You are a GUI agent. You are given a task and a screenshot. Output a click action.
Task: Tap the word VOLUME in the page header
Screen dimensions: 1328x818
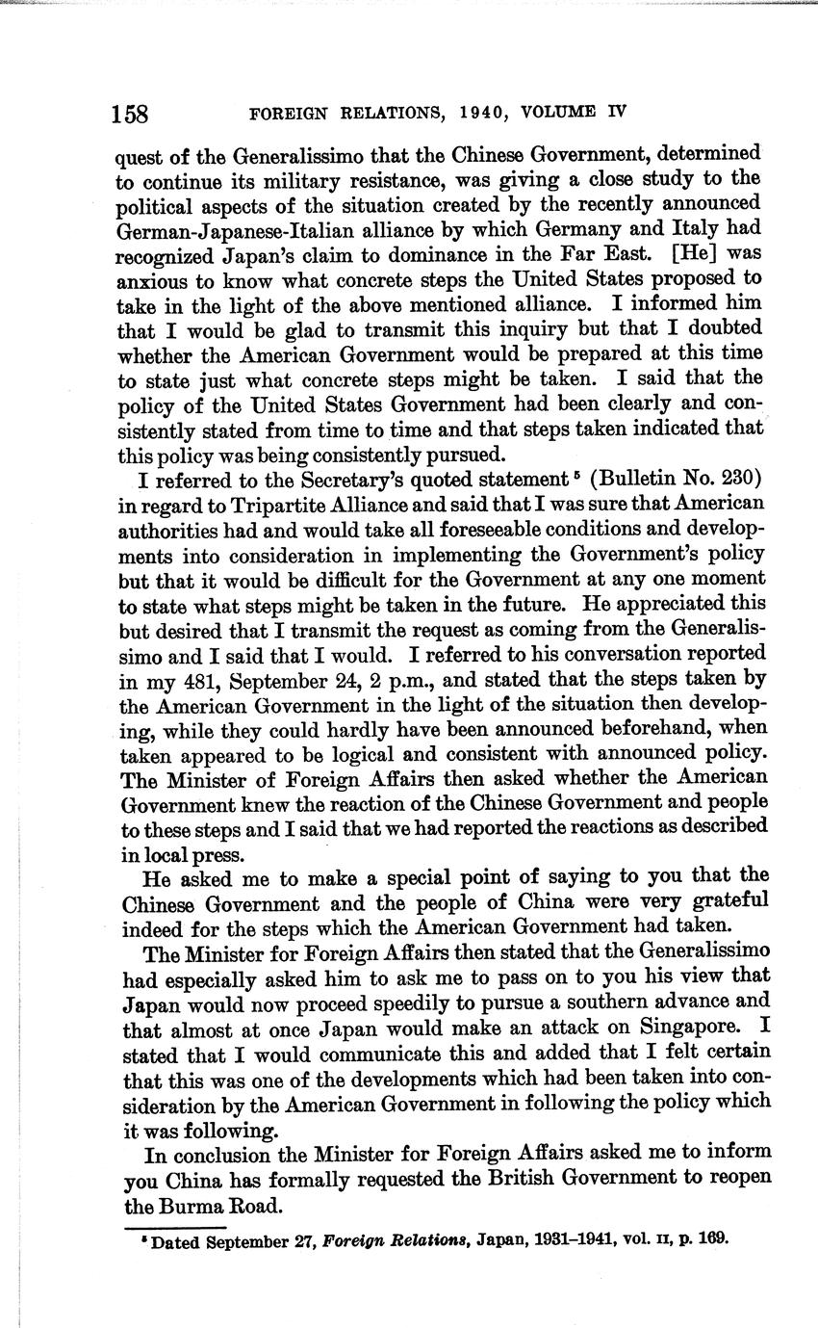[x=561, y=111]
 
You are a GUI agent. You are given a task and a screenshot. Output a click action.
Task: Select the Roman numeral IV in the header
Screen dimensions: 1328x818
[x=616, y=111]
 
